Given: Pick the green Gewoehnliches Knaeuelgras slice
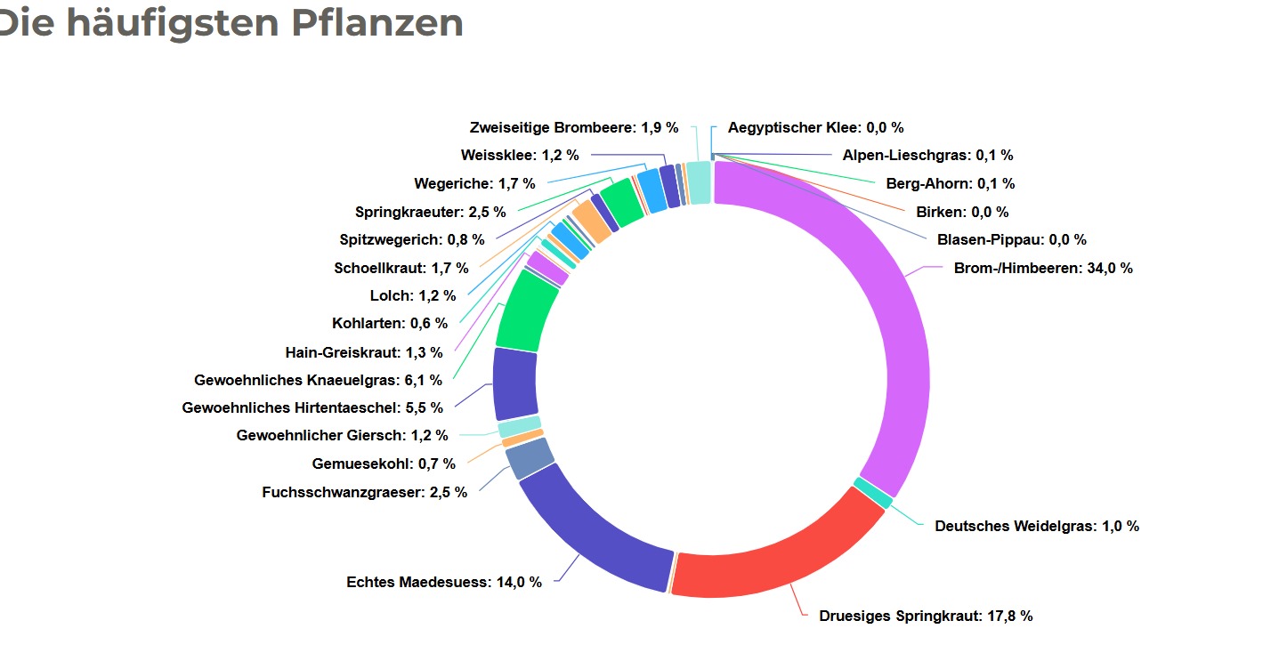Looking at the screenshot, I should (x=528, y=311).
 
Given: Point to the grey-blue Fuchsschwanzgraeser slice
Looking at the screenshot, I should (x=529, y=459).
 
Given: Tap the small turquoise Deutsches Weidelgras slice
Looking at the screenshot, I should (x=873, y=493).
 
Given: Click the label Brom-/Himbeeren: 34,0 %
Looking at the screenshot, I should (x=1043, y=268).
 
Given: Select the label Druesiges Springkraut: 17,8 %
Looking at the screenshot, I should (x=926, y=616).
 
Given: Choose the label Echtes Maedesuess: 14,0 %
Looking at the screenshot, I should (x=444, y=583).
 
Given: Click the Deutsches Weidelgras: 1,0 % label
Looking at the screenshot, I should (x=1037, y=526).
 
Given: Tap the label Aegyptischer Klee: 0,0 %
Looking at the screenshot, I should (x=815, y=128).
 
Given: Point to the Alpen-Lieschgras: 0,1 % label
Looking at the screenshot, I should (x=927, y=156).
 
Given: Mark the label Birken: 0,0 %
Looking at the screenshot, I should (x=962, y=213).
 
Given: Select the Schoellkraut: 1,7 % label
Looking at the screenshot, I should (x=401, y=268).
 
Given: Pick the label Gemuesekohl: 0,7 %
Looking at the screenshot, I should (x=384, y=463).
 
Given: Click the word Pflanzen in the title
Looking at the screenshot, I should (x=377, y=22).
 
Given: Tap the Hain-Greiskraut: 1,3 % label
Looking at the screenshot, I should (x=364, y=352).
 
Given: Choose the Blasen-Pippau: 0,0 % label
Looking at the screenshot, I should (x=1011, y=239).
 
